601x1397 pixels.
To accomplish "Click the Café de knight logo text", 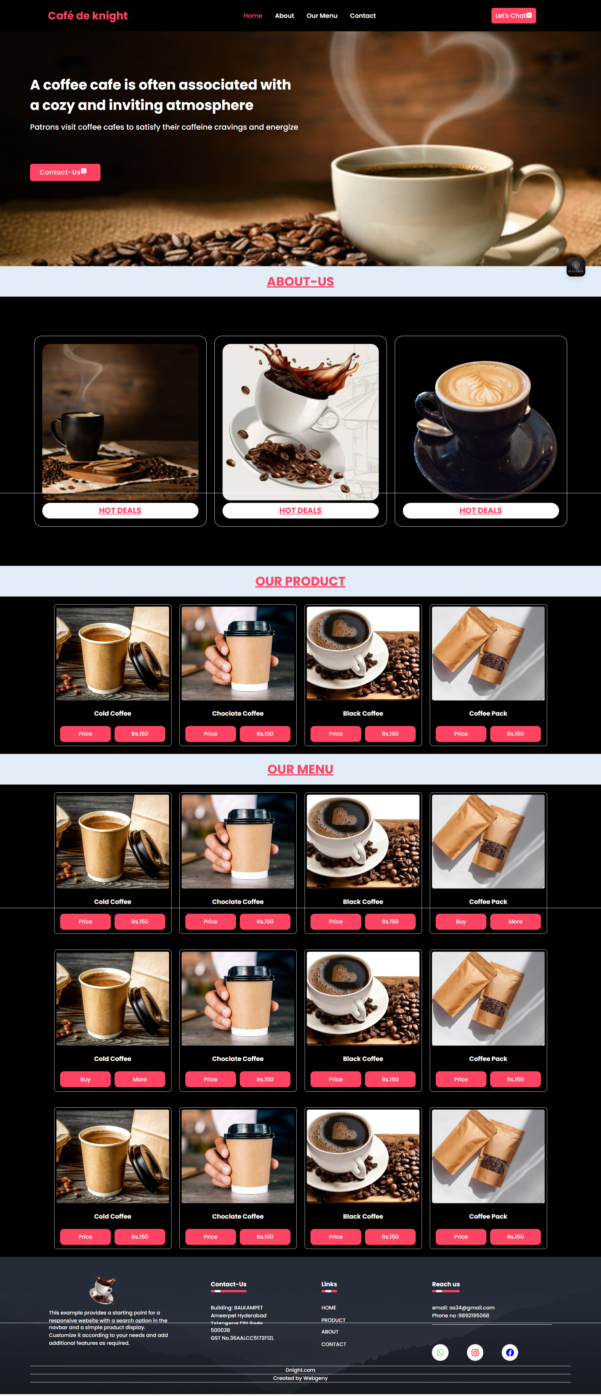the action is tap(88, 16).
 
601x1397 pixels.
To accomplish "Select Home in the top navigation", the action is tap(253, 16).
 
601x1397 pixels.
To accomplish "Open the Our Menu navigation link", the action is tap(322, 16).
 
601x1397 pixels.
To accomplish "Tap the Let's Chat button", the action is tap(513, 16).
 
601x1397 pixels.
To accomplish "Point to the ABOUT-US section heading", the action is tap(300, 282).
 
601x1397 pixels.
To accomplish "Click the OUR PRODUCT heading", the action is tap(300, 581).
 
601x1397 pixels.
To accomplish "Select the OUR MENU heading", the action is tap(300, 769).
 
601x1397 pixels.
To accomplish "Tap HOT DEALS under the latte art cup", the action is tap(481, 510).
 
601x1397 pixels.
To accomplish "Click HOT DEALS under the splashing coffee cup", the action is tap(300, 510).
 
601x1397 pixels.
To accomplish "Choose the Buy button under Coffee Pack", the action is tap(461, 921).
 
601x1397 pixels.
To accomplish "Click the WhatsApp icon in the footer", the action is tap(440, 1353).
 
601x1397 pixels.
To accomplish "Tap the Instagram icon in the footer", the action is tap(475, 1353).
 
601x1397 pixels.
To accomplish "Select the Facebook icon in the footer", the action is tap(510, 1353).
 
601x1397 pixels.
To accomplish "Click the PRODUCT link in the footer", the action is tap(333, 1320).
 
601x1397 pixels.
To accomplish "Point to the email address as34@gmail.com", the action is tap(471, 1307).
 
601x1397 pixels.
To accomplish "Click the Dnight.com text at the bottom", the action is tap(300, 1370).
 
